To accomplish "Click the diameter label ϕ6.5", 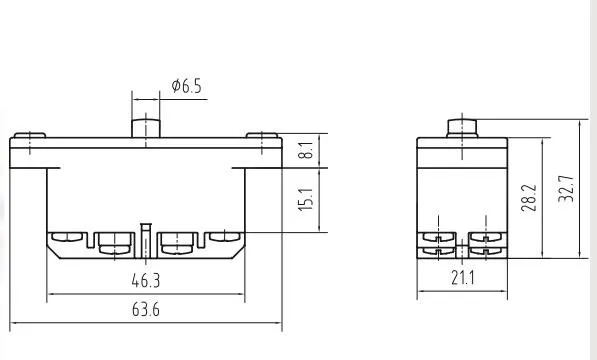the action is pyautogui.click(x=186, y=86).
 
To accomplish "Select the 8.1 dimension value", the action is pyautogui.click(x=307, y=150).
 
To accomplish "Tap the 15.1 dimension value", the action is pyautogui.click(x=306, y=199).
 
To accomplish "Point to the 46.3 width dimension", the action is pyautogui.click(x=146, y=281).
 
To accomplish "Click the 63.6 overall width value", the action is pyautogui.click(x=146, y=309).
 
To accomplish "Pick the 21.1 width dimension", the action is pyautogui.click(x=463, y=278).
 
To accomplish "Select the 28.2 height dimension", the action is pyautogui.click(x=529, y=198).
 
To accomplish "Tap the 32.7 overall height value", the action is pyautogui.click(x=566, y=189).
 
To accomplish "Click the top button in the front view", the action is pyautogui.click(x=146, y=128).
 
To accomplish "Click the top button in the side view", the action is pyautogui.click(x=462, y=128).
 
